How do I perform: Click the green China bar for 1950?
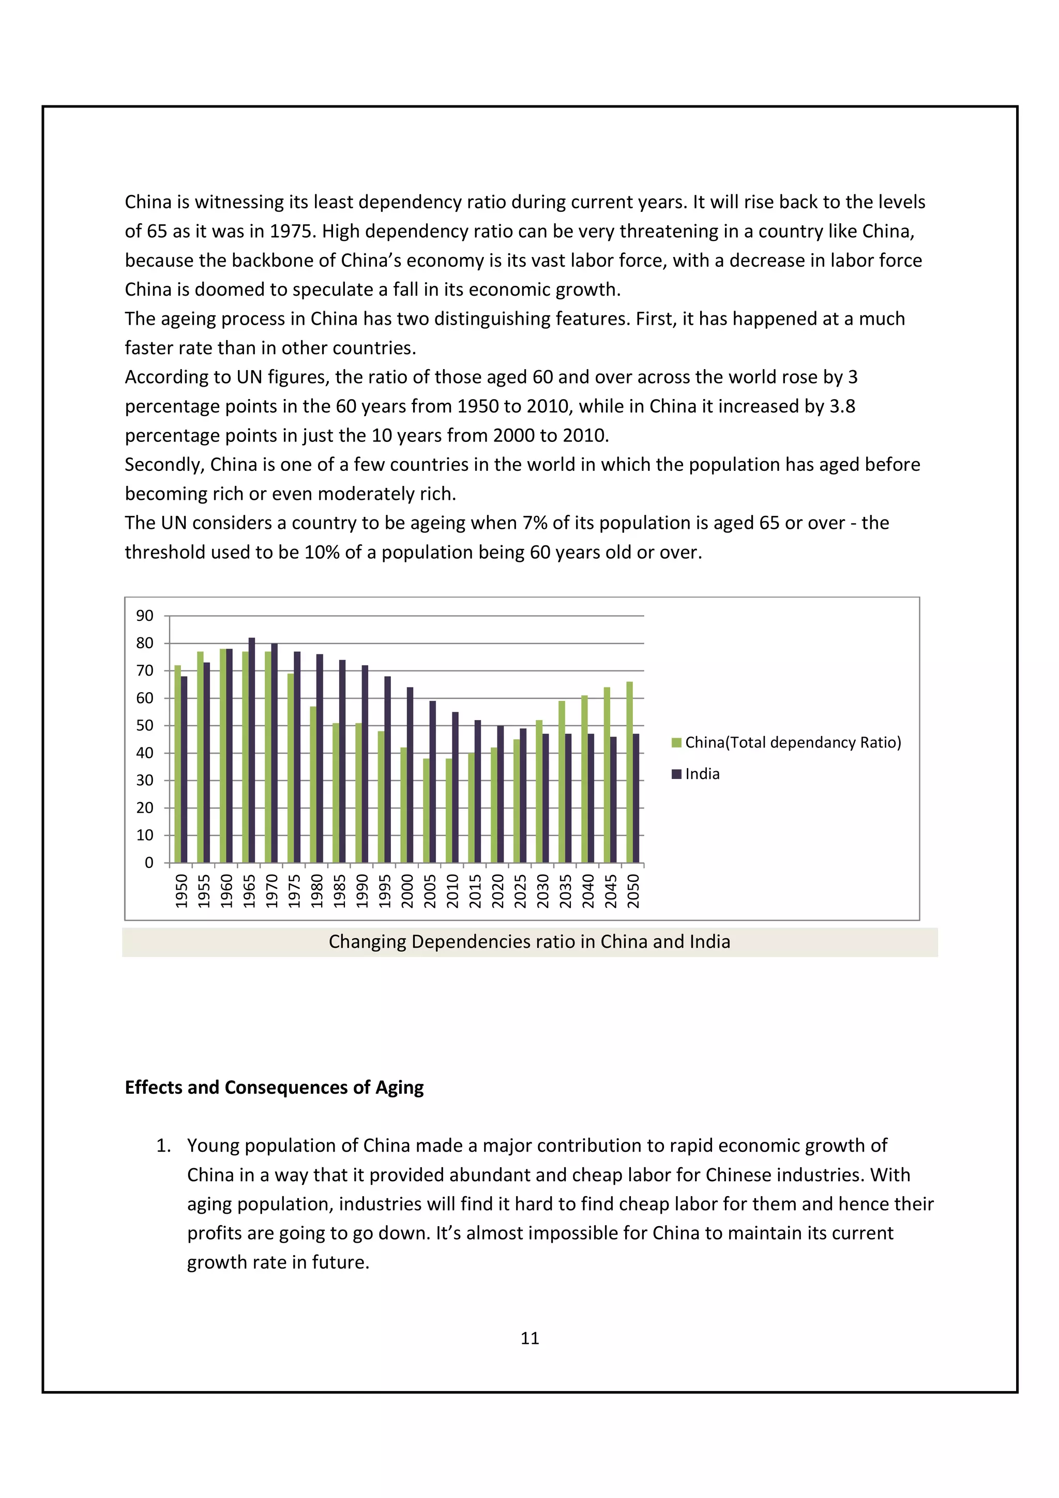click(177, 763)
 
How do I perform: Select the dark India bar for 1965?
click(252, 751)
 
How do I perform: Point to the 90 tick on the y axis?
click(145, 616)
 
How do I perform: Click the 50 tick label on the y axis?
click(145, 726)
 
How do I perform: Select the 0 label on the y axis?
click(149, 863)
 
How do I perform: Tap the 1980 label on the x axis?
click(316, 891)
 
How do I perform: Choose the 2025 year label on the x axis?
click(520, 891)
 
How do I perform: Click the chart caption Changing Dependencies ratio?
click(529, 941)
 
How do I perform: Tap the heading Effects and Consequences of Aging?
click(274, 1088)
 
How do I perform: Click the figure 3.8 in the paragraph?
click(842, 406)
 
